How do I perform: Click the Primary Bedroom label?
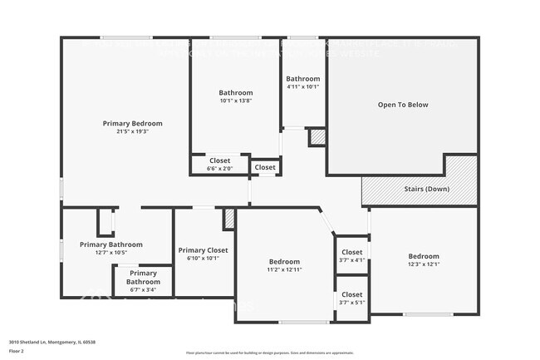[132, 123]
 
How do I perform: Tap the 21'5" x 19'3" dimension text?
[132, 131]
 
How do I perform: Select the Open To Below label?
[403, 105]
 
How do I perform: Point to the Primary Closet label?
[203, 249]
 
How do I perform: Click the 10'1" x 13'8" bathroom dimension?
[236, 101]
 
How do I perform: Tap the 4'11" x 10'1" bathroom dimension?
[302, 86]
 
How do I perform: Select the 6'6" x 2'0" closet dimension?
[219, 168]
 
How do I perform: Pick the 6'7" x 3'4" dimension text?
[143, 290]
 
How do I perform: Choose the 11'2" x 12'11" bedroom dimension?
[283, 269]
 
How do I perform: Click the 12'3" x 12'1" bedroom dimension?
[424, 264]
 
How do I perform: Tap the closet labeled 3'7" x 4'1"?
[352, 259]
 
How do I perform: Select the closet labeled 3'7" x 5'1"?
[352, 302]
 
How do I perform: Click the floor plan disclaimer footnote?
[270, 353]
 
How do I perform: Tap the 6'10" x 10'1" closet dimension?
[203, 258]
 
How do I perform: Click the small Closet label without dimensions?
[265, 167]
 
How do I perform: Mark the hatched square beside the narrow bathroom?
[317, 137]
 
